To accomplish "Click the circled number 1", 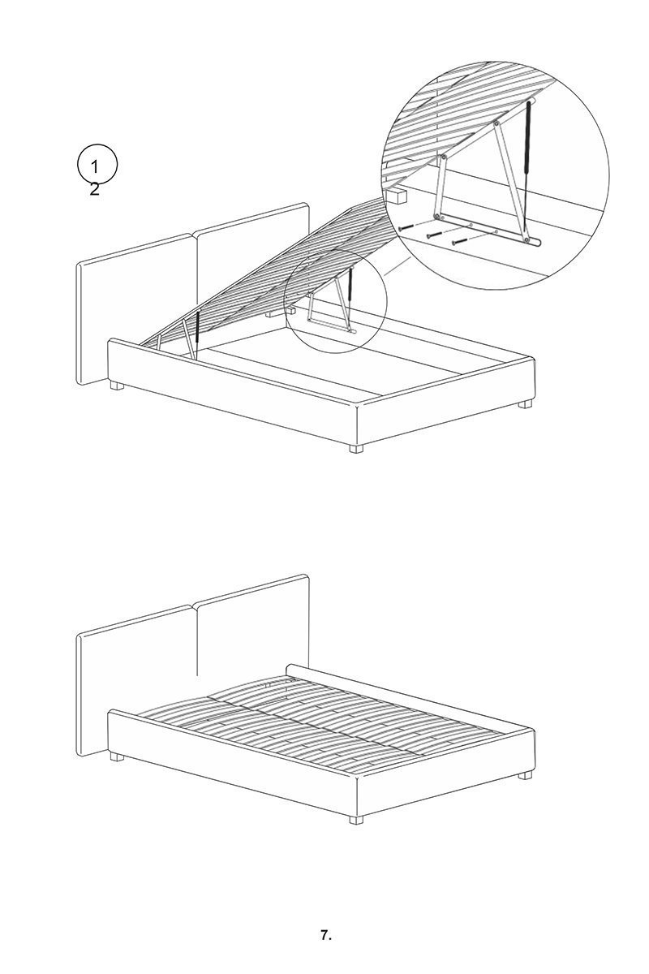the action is click(94, 166).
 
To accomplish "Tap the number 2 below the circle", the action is click(94, 189).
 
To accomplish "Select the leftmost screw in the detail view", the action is click(404, 228).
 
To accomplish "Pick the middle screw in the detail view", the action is click(434, 234).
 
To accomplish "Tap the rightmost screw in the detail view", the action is click(460, 240).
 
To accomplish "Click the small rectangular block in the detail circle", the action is click(395, 196).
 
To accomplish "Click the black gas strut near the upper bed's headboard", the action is click(196, 330).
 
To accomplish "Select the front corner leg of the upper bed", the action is click(356, 449).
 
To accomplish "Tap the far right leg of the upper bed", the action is click(525, 403).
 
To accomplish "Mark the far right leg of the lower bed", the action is click(525, 774).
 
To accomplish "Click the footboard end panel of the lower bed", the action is click(445, 769).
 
